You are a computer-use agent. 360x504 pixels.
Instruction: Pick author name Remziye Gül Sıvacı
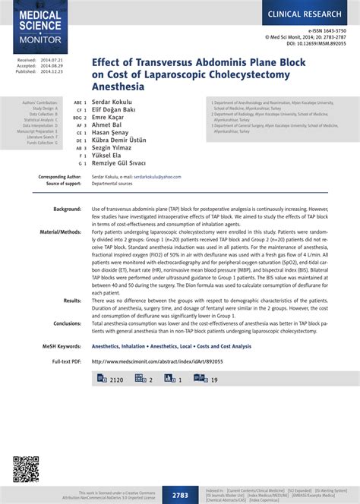(x=125, y=162)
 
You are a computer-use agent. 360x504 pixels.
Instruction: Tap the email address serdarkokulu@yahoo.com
(x=163, y=176)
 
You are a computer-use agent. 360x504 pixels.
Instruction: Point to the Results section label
(x=72, y=301)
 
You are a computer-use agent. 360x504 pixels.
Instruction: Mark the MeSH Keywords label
(x=61, y=346)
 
